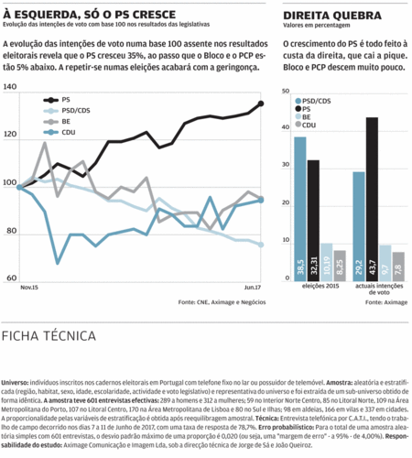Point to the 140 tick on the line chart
pyautogui.click(x=10, y=88)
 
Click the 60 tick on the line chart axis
pyautogui.click(x=10, y=278)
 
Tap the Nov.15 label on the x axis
pyautogui.click(x=29, y=288)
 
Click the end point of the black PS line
pyautogui.click(x=261, y=104)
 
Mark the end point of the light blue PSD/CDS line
pyautogui.click(x=261, y=245)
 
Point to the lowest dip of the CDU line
pyautogui.click(x=58, y=262)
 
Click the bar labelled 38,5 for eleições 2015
pyautogui.click(x=300, y=211)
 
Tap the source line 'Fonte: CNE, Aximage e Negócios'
pyautogui.click(x=216, y=300)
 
